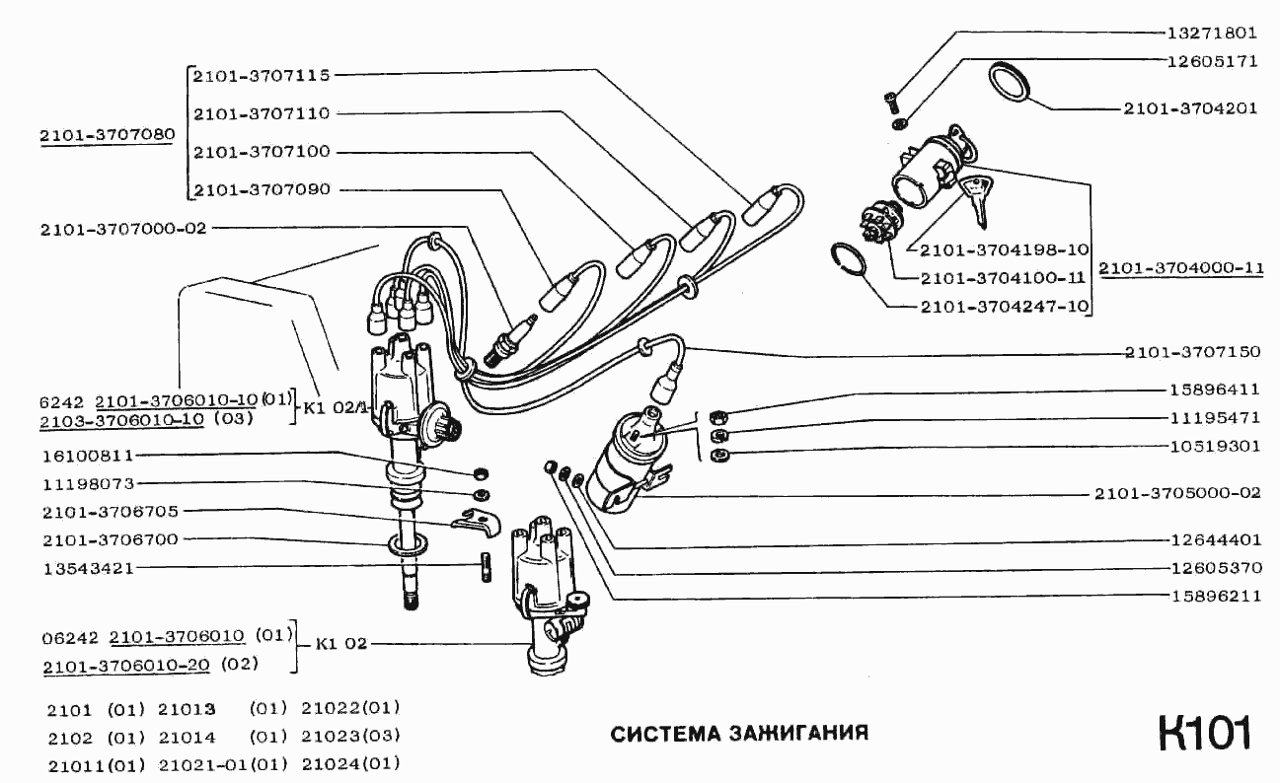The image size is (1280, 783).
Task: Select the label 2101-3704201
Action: point(1190,108)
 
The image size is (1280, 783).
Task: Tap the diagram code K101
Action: point(1204,733)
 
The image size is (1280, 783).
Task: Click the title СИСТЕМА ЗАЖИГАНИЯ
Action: point(739,734)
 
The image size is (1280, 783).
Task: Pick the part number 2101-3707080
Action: point(108,135)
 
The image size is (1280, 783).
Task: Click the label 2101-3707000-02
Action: point(123,229)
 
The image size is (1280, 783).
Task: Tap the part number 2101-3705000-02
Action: point(1176,493)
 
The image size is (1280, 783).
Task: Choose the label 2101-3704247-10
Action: point(1004,307)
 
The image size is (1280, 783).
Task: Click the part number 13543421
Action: point(88,569)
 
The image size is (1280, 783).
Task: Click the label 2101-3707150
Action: point(1190,352)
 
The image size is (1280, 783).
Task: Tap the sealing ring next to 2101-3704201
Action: point(1009,82)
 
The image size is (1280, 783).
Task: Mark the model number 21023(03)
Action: point(350,736)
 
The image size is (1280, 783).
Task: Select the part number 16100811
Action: point(88,457)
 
